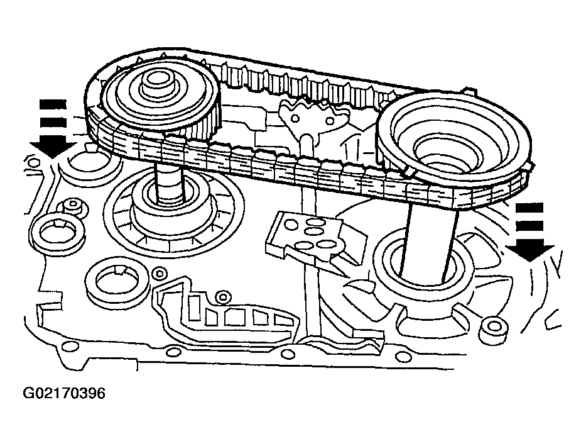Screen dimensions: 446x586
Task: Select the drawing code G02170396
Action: (x=64, y=394)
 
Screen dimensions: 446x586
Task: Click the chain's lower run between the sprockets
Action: (x=295, y=167)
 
